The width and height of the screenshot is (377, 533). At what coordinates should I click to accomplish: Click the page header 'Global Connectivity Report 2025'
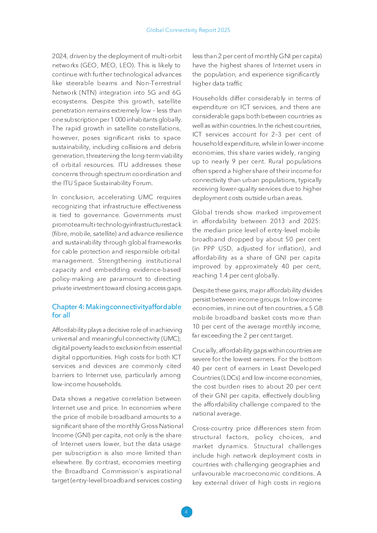188,30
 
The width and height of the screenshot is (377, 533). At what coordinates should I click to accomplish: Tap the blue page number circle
186,512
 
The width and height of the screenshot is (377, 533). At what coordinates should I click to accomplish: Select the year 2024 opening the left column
59,56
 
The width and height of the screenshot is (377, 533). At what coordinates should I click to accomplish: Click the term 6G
176,92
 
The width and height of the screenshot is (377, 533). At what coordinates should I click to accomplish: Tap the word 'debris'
172,147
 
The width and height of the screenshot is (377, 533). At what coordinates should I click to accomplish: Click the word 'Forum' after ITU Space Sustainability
143,183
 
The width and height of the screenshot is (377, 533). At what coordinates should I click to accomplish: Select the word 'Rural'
276,162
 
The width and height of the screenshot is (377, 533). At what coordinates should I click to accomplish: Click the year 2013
277,221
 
